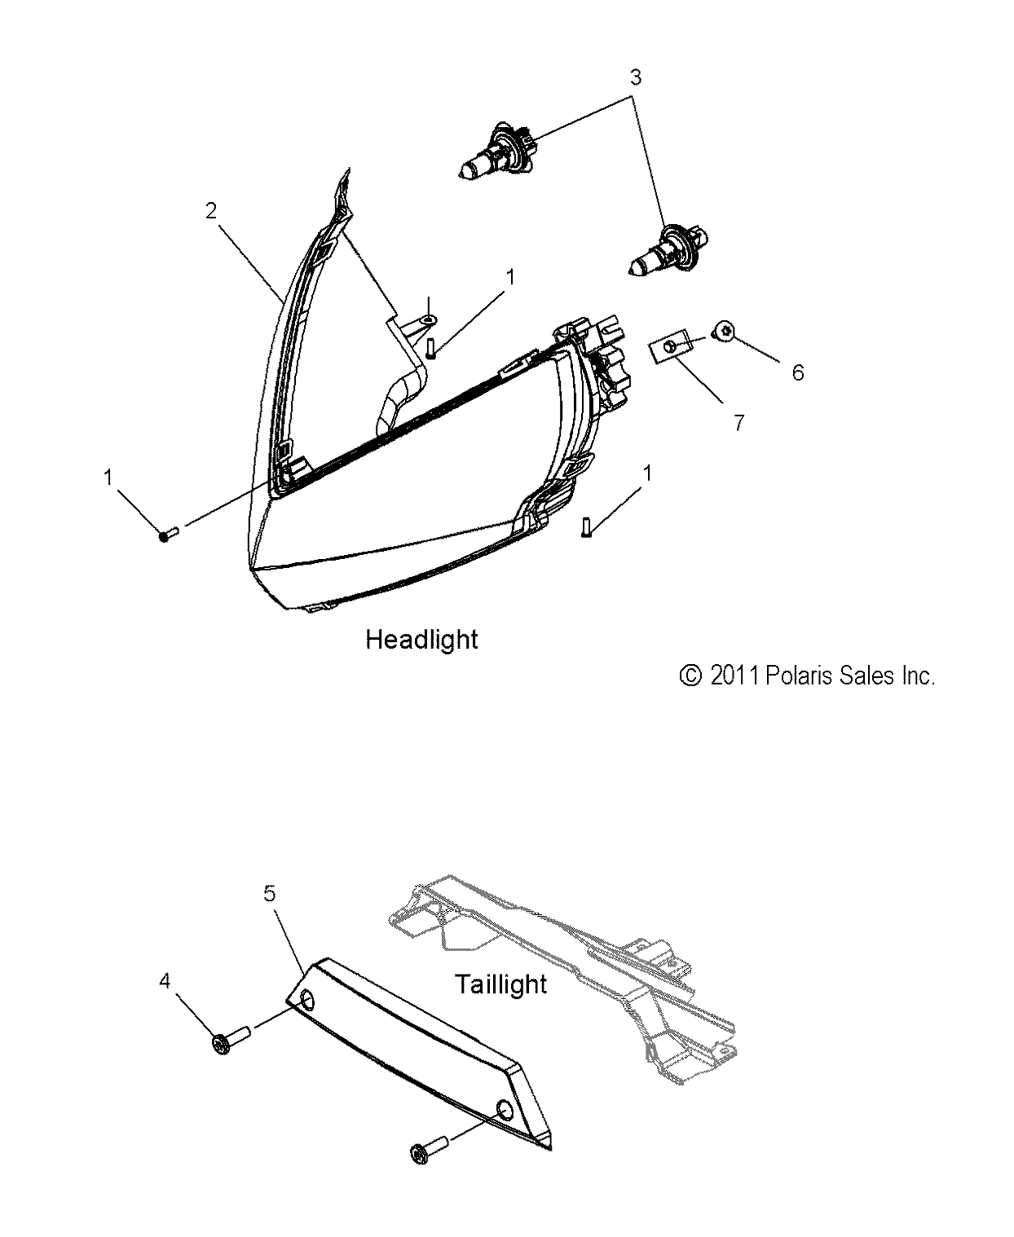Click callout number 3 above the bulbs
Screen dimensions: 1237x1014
[x=635, y=77]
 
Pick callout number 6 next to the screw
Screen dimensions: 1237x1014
[x=797, y=372]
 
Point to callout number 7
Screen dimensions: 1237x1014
[x=738, y=423]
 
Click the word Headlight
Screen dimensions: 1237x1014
[x=421, y=639]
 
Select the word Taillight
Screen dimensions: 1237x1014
[x=500, y=984]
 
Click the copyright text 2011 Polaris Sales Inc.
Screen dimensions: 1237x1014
[x=807, y=676]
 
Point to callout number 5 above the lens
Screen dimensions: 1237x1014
[x=270, y=893]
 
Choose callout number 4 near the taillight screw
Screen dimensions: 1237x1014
[x=165, y=981]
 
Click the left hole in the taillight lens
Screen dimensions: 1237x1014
[x=309, y=1001]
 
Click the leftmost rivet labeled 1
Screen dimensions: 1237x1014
[x=169, y=534]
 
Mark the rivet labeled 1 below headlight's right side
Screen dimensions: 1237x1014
[x=586, y=526]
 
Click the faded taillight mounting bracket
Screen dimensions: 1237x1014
[x=571, y=962]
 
